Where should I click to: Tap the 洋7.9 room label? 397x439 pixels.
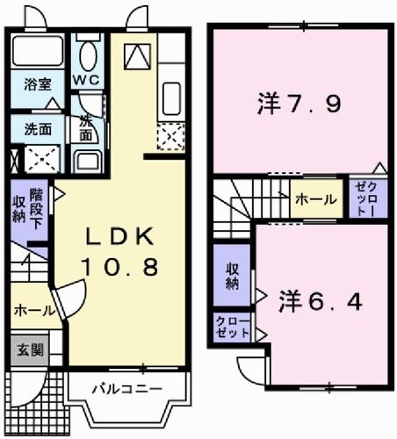[300, 104]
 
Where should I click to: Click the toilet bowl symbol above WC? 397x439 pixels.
[88, 57]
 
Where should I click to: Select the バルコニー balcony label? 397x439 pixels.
[128, 388]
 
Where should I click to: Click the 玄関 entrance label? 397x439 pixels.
[25, 349]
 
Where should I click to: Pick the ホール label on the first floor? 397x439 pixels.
[33, 311]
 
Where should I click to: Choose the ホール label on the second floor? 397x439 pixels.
[314, 200]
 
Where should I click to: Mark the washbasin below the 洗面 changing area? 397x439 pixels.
[87, 161]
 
